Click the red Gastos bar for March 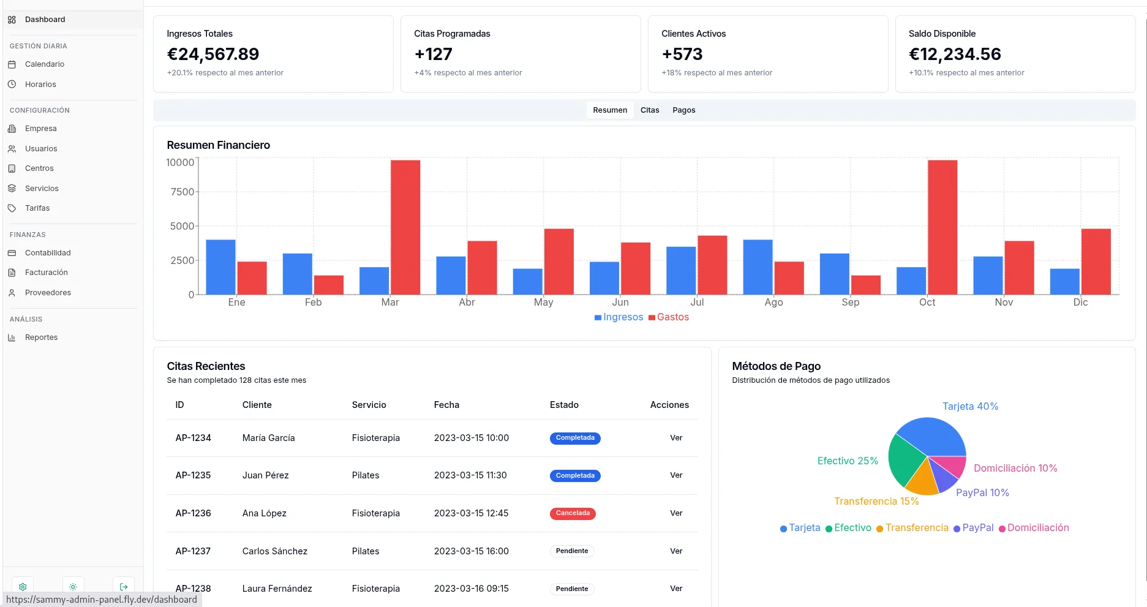405,227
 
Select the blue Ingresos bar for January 220,267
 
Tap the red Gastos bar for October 942,227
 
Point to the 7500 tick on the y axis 182,192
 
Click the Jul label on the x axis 697,302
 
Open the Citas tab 650,110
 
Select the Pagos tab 683,110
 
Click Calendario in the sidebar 44,64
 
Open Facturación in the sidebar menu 46,273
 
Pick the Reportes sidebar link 41,337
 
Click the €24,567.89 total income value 212,55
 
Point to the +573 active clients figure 682,55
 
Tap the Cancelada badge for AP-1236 573,513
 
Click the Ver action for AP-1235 676,475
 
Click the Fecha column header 446,405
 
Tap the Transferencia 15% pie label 876,502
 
